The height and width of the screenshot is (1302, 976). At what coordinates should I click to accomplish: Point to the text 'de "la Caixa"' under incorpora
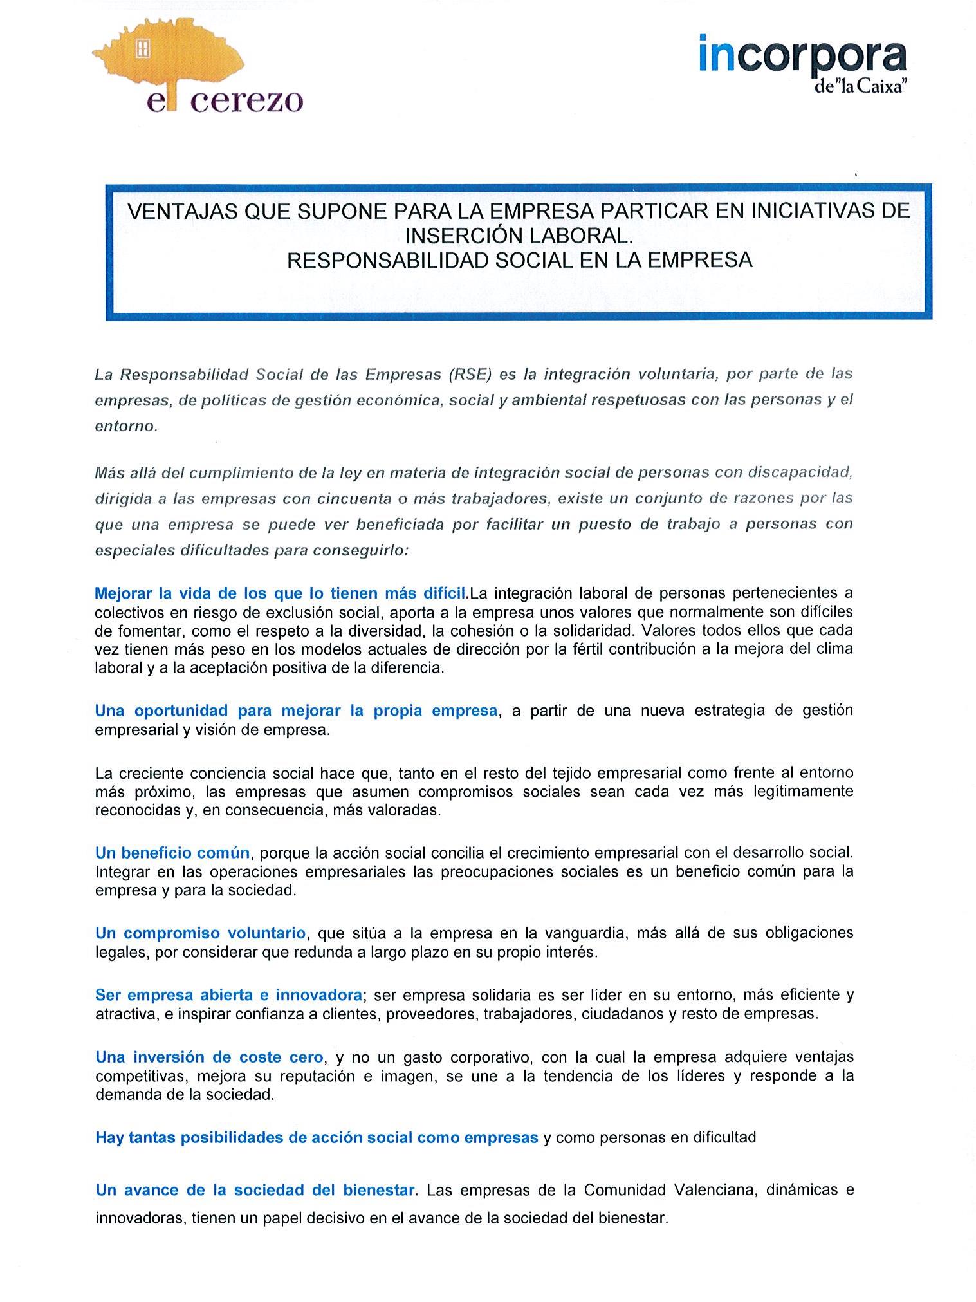point(860,86)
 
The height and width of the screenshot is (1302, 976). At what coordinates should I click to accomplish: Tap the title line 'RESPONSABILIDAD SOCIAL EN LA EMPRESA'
point(519,260)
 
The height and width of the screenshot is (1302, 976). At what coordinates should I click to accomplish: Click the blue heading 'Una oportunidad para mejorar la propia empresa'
point(296,711)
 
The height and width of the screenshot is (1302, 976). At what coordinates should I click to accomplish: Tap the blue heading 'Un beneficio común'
point(172,853)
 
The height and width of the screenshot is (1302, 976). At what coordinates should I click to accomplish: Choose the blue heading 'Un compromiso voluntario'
point(200,933)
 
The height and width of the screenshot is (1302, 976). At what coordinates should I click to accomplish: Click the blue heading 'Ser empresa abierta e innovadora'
point(228,995)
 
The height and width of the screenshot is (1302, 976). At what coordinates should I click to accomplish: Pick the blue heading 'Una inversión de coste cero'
point(209,1057)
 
